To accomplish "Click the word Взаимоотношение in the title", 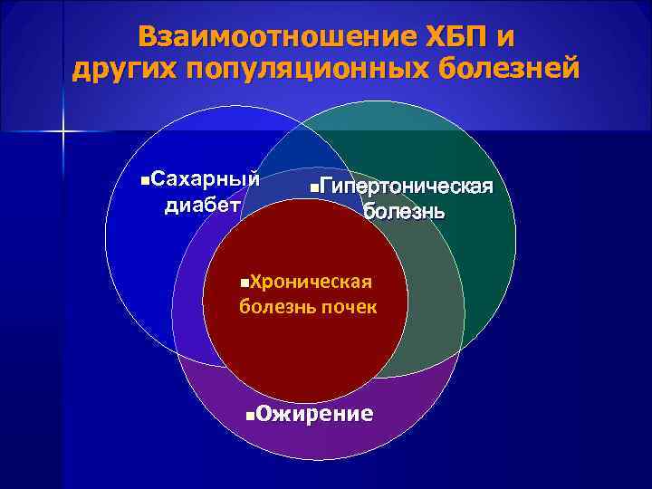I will click(277, 38).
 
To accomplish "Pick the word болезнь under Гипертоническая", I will click(404, 213).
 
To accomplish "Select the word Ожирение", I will click(314, 415).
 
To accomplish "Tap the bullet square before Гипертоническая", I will click(313, 188).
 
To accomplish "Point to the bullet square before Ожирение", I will click(250, 417).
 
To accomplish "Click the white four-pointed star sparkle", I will click(64, 131).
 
